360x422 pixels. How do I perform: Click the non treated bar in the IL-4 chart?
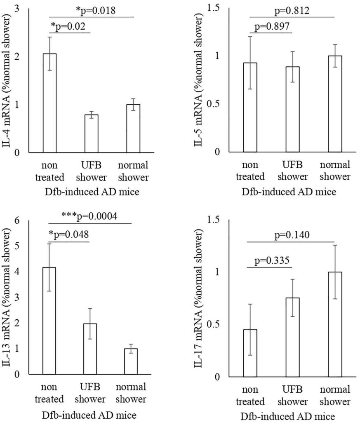point(49,103)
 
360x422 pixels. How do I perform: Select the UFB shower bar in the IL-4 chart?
point(92,134)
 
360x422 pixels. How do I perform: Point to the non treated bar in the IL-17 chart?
point(250,353)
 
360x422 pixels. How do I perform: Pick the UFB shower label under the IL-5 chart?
point(292,171)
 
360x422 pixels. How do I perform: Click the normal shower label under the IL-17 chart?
point(334,395)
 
